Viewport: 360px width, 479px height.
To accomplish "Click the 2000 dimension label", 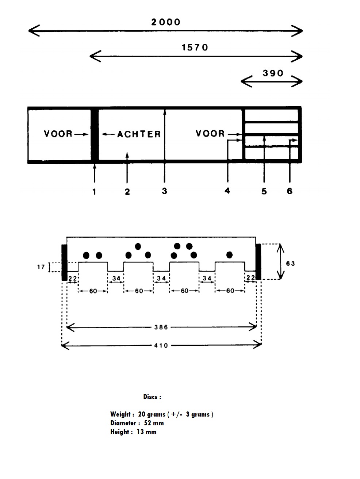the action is (166, 22).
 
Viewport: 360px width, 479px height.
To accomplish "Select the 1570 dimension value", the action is (195, 47).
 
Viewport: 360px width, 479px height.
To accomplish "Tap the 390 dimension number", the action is (273, 73).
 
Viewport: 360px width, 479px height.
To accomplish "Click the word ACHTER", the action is (139, 134).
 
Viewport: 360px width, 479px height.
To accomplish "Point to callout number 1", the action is (94, 192).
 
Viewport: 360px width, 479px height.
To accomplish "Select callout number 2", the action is (127, 192).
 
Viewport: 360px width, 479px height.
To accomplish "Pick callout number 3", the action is (165, 191).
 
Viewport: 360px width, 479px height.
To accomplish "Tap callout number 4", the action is (227, 191).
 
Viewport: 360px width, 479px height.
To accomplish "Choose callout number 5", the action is (264, 191).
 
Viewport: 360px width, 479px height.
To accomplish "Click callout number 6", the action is (290, 191).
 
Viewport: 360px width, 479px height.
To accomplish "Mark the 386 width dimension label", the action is (161, 327).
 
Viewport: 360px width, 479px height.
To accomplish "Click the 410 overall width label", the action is (161, 346).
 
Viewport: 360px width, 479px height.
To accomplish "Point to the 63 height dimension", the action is (290, 264).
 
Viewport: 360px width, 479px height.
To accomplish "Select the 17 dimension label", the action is (41, 267).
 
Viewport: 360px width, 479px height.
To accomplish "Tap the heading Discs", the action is (152, 397).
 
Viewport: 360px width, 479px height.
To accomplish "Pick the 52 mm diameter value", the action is (154, 423).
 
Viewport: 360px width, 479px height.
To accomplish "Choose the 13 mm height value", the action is (147, 432).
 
